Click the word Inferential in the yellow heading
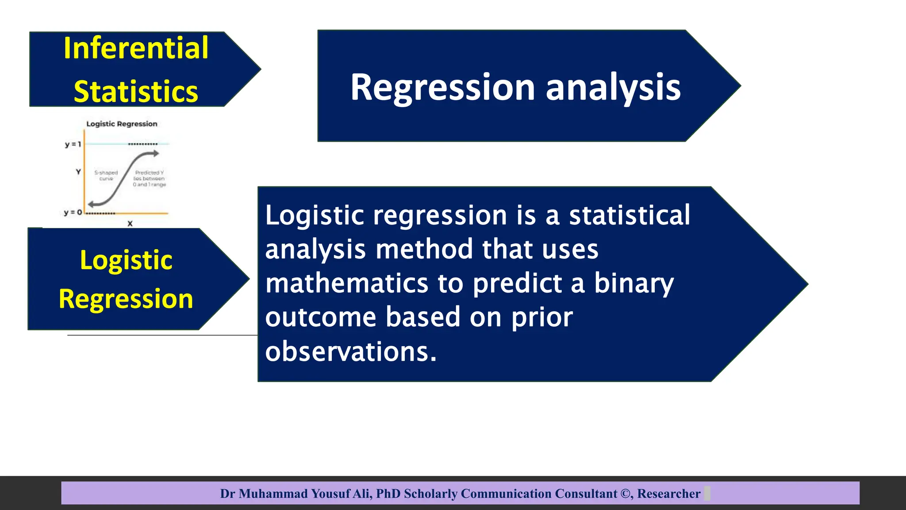tap(136, 48)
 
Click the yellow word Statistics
tap(136, 92)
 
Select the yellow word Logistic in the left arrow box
tap(126, 260)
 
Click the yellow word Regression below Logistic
tap(126, 299)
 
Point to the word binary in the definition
tap(633, 283)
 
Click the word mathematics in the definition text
tap(347, 283)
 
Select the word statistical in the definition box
tap(629, 216)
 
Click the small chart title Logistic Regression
tap(122, 124)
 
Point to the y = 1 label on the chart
tap(73, 144)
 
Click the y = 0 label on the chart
tap(73, 212)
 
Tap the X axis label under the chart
tap(130, 224)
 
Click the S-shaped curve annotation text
tap(106, 175)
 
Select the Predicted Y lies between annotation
tap(150, 178)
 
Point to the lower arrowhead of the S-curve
tap(91, 204)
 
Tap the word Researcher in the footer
tap(668, 494)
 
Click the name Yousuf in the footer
tap(330, 494)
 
